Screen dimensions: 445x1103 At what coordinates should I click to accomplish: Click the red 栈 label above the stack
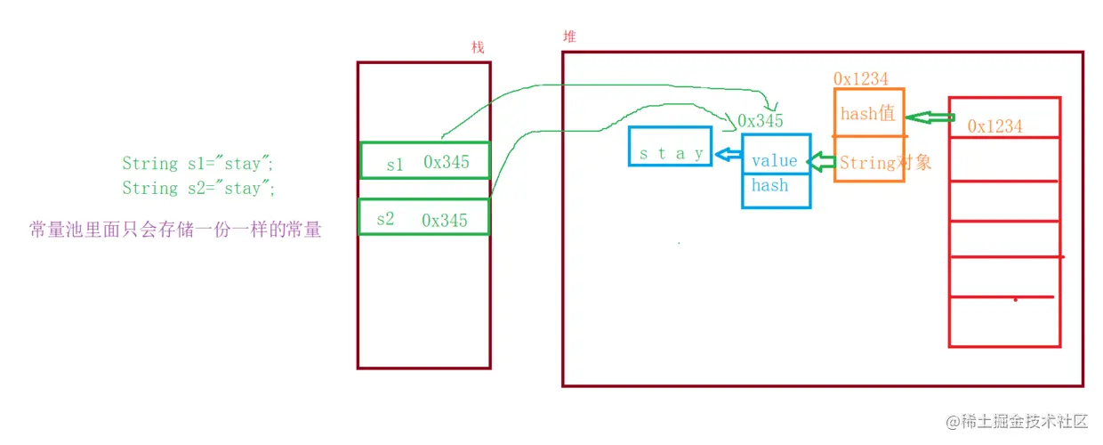coord(478,47)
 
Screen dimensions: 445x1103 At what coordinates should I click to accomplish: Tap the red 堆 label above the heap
coord(569,36)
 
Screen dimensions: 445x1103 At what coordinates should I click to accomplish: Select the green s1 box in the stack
coord(424,161)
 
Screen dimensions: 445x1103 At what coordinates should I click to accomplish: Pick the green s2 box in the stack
coord(423,217)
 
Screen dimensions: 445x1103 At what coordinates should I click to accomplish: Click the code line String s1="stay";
coord(199,163)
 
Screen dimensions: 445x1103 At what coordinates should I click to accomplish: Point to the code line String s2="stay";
coord(199,188)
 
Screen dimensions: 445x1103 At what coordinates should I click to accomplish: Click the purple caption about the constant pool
coord(175,231)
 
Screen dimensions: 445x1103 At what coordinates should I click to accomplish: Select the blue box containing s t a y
coord(671,153)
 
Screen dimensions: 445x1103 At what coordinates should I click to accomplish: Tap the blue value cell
coord(775,161)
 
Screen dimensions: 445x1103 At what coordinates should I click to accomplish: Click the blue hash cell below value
coord(770,186)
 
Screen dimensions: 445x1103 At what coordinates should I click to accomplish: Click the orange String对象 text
coord(885,163)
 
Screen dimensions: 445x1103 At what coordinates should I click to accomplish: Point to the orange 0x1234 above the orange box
coord(860,79)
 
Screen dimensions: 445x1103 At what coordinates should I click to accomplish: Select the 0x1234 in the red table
coord(994,126)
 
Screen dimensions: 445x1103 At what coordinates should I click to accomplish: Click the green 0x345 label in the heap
coord(761,121)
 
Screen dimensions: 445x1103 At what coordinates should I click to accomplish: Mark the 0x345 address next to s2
coord(444,220)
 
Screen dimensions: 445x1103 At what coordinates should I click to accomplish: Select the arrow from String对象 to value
coord(821,162)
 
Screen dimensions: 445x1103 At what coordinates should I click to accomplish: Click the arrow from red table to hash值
coord(930,117)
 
